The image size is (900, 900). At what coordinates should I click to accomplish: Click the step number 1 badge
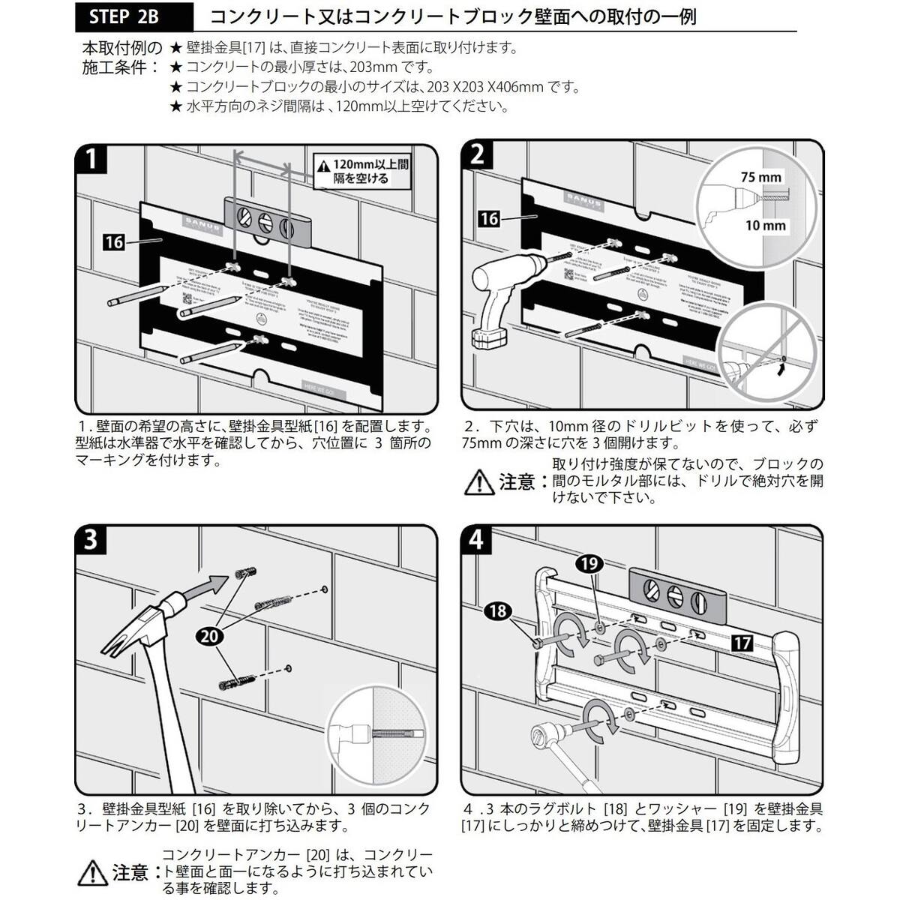(91, 158)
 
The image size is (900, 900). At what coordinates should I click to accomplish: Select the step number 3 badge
(91, 539)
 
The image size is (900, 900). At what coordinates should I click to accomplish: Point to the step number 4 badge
(477, 539)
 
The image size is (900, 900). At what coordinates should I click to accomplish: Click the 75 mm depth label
(760, 178)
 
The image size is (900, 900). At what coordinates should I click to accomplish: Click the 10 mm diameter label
(765, 225)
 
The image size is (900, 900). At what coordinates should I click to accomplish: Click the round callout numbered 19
(590, 562)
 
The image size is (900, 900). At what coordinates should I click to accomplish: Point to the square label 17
(742, 642)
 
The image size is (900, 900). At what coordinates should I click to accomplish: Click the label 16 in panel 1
(114, 242)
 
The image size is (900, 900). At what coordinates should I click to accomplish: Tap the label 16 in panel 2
(489, 218)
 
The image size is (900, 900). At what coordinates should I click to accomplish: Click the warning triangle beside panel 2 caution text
(479, 482)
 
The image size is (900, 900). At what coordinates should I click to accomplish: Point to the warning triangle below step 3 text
(92, 873)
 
